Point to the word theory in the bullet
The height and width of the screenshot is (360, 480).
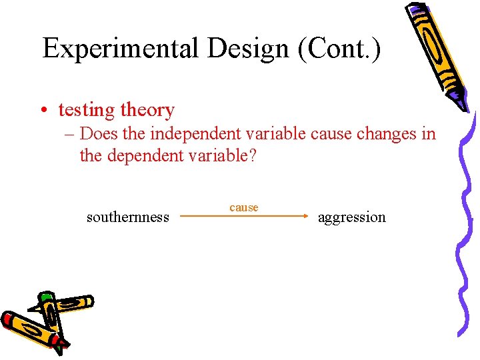tap(145, 111)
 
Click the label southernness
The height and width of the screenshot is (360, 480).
tap(128, 217)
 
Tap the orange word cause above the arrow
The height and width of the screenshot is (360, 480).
tap(244, 208)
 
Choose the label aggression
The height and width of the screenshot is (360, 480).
tap(352, 217)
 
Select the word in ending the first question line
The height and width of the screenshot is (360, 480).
tap(429, 134)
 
